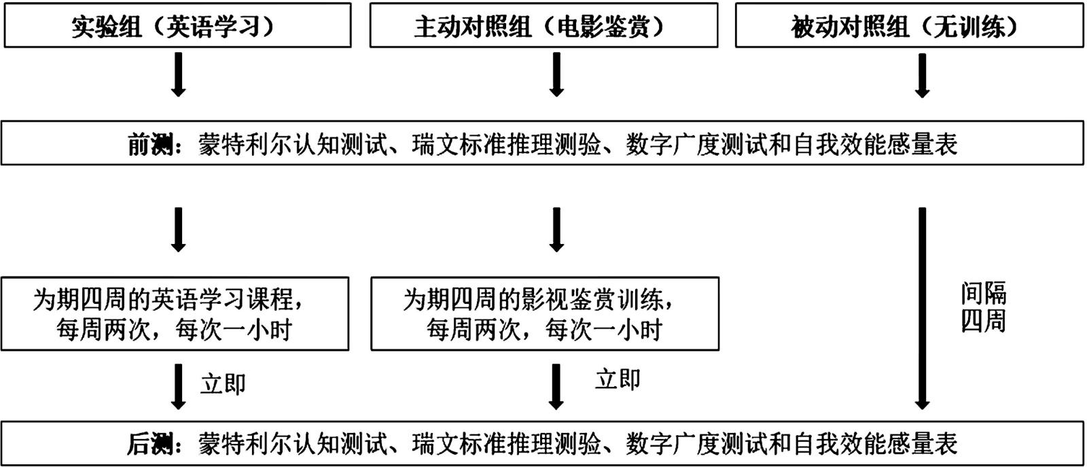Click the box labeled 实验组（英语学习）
tap(177, 26)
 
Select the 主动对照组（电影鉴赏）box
tap(543, 26)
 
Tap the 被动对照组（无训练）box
tap(909, 26)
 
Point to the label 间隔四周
tap(983, 307)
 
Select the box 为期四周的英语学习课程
tap(175, 313)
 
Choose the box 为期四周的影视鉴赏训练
tap(544, 313)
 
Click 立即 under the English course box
tap(223, 384)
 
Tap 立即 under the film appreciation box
tap(618, 379)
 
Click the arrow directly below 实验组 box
tap(179, 74)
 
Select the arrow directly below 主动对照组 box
tap(557, 74)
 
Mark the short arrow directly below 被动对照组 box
tap(922, 75)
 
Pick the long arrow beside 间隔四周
tap(922, 308)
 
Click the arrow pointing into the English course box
tap(179, 230)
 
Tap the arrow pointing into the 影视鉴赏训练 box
tap(557, 230)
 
